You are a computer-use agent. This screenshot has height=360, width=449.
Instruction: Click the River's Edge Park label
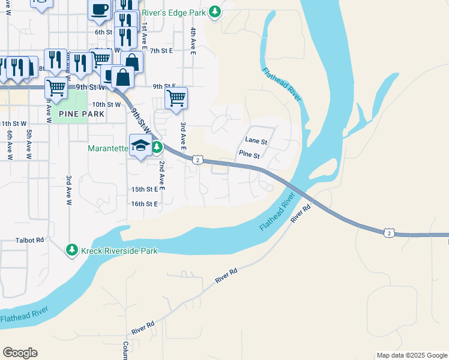[181, 13]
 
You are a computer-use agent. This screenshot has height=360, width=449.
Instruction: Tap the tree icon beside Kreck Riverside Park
[72, 250]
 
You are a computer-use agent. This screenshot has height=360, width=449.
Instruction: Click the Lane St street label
[256, 140]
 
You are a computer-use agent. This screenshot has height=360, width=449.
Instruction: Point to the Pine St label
[249, 155]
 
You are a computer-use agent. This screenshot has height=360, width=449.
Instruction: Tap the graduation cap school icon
[140, 146]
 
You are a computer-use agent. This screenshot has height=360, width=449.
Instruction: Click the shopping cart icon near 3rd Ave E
[176, 97]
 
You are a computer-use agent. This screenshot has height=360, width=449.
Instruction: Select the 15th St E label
[144, 189]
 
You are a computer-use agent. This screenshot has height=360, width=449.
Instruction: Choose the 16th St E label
[144, 204]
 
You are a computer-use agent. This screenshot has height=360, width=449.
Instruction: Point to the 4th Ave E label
[193, 41]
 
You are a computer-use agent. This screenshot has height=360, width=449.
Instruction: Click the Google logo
[20, 353]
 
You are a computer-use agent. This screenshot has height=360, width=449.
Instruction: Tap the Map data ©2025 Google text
[411, 355]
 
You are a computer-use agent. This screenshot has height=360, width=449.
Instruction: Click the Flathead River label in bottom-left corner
[24, 314]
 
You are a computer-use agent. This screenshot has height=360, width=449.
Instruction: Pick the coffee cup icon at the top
[100, 10]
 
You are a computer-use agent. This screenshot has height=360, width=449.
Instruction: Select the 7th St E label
[161, 51]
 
